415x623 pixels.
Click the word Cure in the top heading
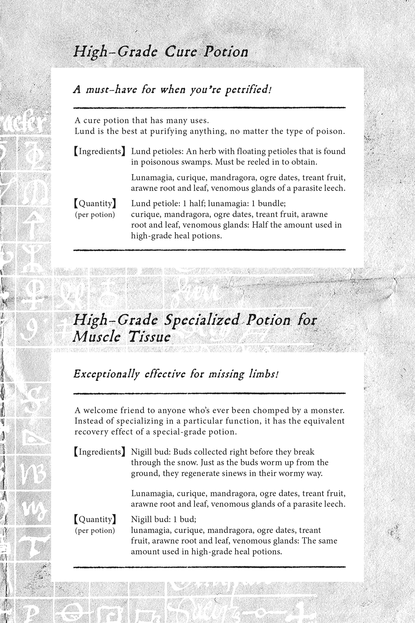click(x=181, y=52)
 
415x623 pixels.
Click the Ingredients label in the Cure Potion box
click(x=99, y=151)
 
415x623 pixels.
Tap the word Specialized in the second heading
click(x=202, y=320)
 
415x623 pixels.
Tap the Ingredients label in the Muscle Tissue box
click(x=99, y=452)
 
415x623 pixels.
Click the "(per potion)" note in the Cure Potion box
click(x=95, y=215)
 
